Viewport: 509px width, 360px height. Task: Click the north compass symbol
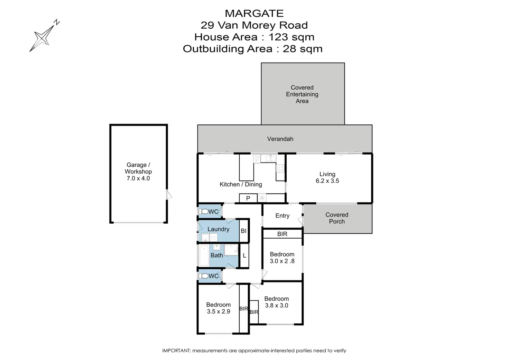44,37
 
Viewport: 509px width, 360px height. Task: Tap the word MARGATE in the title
254,13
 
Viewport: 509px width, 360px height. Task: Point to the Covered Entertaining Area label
302,94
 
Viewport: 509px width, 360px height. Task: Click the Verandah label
280,139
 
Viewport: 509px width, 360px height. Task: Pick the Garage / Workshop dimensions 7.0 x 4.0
138,178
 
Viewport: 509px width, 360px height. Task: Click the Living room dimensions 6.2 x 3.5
327,181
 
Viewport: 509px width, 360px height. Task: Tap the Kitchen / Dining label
241,185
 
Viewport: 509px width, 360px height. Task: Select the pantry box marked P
248,199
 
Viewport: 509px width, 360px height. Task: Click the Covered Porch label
337,218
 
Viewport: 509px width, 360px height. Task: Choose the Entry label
282,216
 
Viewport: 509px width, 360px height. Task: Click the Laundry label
218,229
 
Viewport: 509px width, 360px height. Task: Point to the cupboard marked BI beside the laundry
244,231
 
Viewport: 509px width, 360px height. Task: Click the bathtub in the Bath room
204,256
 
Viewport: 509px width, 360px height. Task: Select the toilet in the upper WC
204,211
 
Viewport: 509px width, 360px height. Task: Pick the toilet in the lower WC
204,276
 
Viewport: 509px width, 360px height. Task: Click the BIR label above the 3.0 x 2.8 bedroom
282,234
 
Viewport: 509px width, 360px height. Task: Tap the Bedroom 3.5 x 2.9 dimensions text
218,312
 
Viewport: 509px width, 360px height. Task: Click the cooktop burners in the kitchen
280,169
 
